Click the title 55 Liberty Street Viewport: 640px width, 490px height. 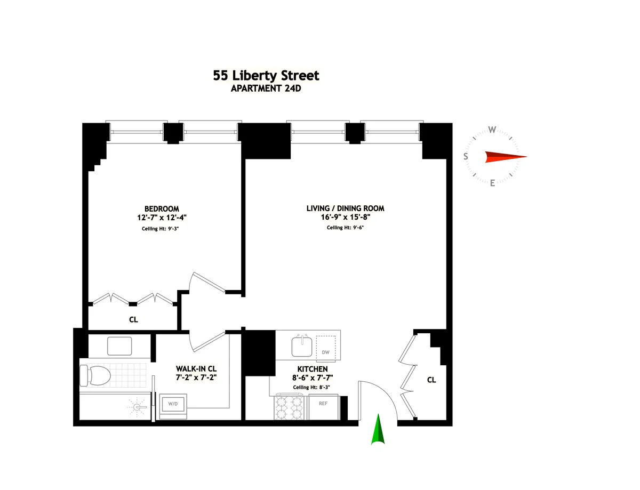pos(266,75)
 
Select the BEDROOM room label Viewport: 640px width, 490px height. pos(162,208)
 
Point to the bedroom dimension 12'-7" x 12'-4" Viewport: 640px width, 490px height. pos(162,218)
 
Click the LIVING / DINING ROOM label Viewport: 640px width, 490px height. pos(345,208)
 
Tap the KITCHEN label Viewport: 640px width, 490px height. pos(313,369)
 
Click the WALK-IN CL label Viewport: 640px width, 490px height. pos(196,369)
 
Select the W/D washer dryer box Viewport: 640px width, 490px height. pos(174,404)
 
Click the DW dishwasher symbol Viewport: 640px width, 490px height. pos(326,352)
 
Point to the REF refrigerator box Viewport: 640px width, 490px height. pos(323,404)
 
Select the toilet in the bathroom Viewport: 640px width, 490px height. pos(94,375)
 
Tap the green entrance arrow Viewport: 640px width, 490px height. pos(378,430)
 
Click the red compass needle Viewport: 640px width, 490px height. pos(505,157)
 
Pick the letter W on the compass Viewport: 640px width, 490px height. pos(493,130)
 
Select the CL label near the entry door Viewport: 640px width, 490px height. pos(431,380)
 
